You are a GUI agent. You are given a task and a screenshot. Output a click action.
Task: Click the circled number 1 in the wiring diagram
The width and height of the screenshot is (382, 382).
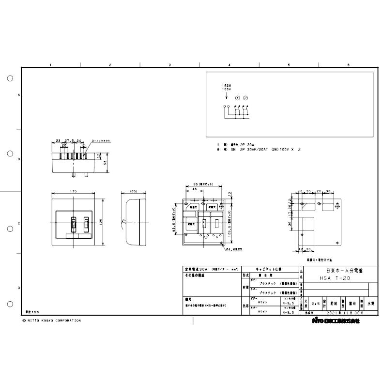click(x=238, y=98)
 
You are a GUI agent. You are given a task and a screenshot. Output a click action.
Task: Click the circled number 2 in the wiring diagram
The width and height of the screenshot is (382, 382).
click(x=245, y=98)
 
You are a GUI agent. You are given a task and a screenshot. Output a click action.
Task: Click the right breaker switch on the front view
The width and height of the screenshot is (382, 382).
click(x=86, y=224)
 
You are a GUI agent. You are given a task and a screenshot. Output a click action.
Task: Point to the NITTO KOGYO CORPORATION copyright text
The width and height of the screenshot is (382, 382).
click(x=52, y=321)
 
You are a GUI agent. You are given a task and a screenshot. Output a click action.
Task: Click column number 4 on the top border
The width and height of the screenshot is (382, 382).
click(x=229, y=64)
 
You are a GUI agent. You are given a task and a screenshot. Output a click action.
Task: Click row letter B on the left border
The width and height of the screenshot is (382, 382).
click(x=19, y=159)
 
